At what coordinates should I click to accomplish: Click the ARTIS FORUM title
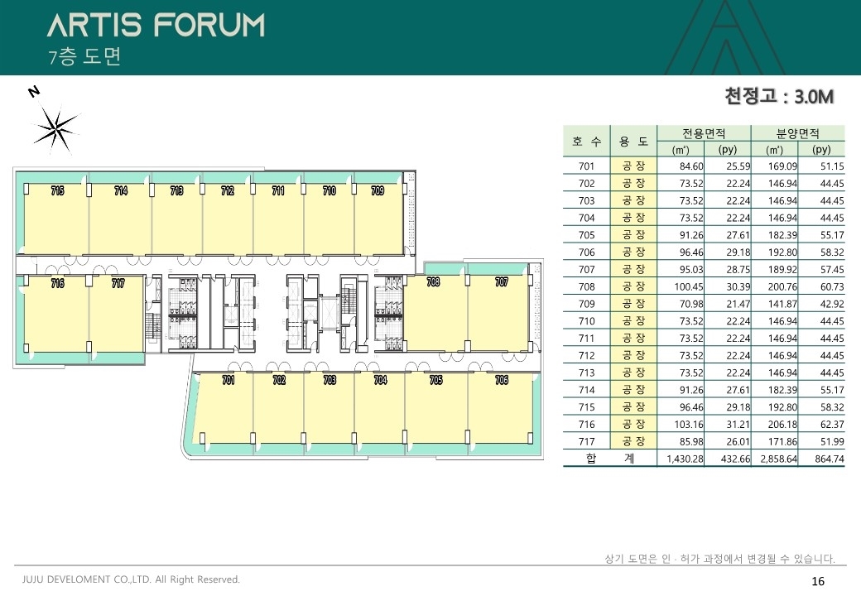coord(156,25)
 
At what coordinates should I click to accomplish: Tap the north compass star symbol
coord(55,129)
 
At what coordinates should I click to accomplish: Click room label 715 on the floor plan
coord(58,190)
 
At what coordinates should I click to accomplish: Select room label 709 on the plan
coord(378,190)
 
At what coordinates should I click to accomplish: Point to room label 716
coord(58,283)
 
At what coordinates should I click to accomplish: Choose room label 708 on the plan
coord(433,281)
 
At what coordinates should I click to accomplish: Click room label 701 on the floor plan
coord(228,380)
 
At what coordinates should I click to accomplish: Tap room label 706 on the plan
coord(502,380)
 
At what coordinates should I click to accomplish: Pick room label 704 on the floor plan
coord(380,380)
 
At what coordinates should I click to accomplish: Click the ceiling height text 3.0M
coord(814,97)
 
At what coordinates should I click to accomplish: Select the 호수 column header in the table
coord(586,142)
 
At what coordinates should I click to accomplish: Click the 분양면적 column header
coord(797,132)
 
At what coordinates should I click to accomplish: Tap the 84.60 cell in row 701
coord(691,166)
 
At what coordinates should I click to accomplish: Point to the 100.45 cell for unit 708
coord(689,286)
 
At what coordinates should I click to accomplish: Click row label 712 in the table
coord(586,356)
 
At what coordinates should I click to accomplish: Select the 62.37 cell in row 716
coord(832,424)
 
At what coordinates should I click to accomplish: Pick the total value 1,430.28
coord(685,459)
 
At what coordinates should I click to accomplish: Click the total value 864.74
coord(830,459)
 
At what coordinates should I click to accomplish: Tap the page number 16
coord(818,581)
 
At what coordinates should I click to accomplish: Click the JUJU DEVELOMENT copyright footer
coord(132,579)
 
